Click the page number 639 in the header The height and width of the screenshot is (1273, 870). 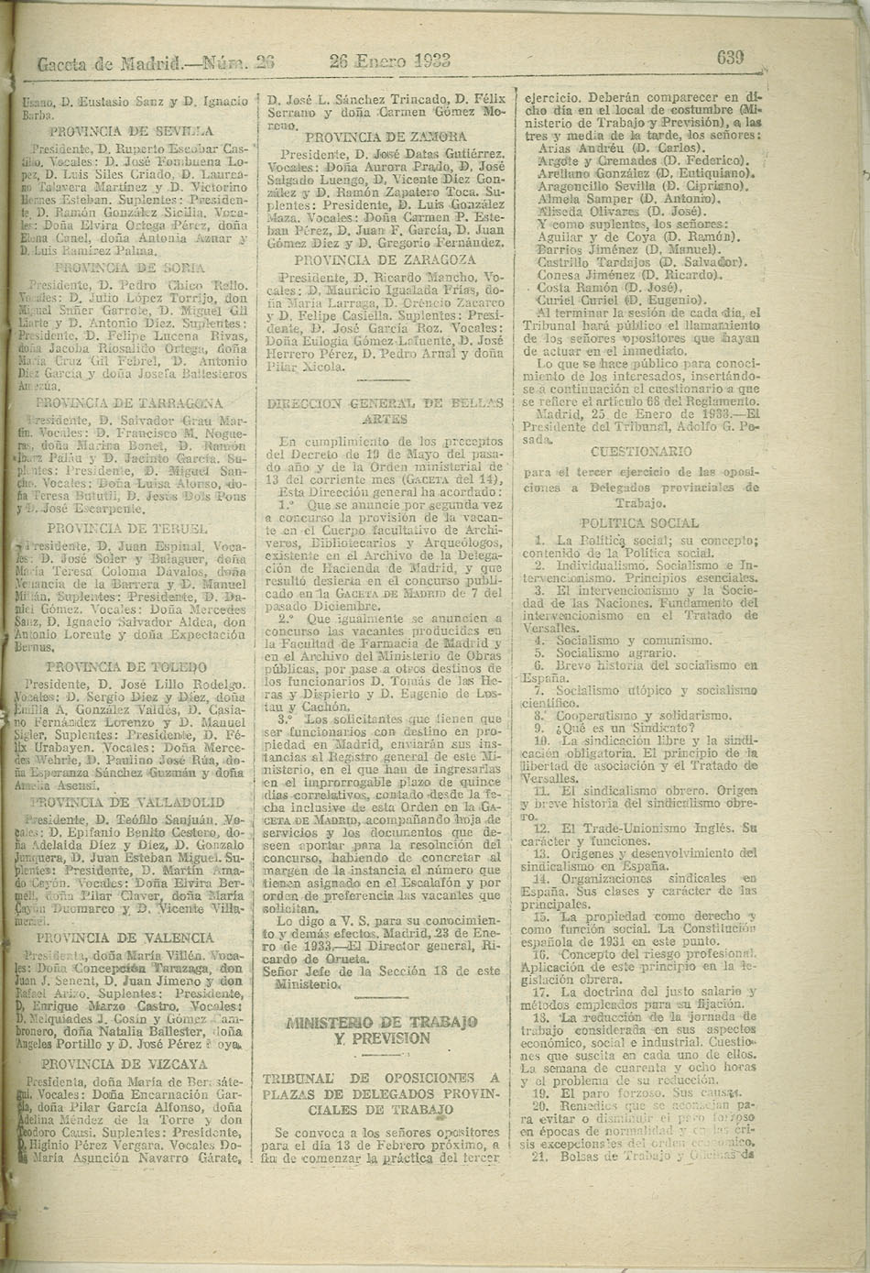click(x=729, y=58)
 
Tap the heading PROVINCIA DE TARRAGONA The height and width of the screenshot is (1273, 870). click(x=129, y=402)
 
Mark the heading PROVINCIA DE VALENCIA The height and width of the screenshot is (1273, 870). click(x=125, y=938)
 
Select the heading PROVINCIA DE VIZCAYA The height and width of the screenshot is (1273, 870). click(x=125, y=1064)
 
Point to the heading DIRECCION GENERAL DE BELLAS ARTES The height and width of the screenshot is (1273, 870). click(x=385, y=410)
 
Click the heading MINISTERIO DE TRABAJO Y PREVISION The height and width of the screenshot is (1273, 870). click(x=382, y=1029)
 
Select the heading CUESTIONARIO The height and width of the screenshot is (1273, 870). click(x=641, y=451)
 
